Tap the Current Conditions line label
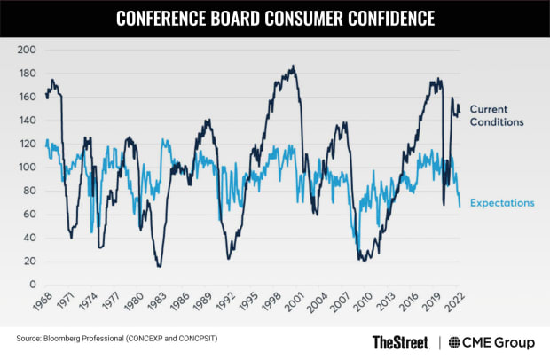500,115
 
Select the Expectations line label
501,203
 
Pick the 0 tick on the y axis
33,285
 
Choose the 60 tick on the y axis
30,214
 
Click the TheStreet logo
399,341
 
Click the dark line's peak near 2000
293,66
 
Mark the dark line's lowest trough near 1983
159,266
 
